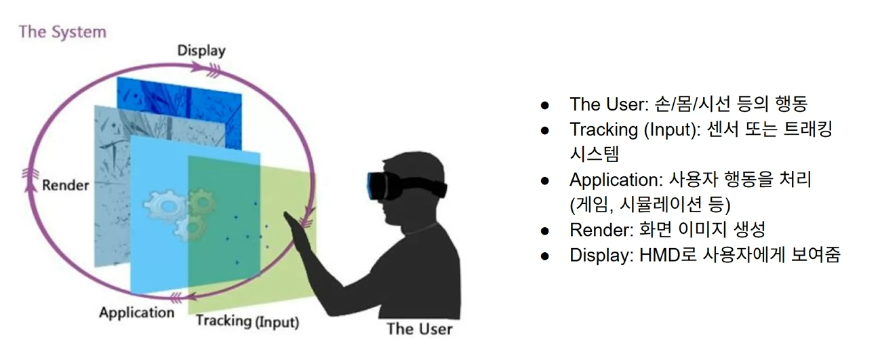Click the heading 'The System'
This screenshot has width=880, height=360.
point(62,31)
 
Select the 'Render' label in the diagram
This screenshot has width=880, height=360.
point(66,185)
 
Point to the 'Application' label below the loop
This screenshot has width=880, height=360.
point(136,313)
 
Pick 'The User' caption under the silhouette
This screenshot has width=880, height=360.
point(418,329)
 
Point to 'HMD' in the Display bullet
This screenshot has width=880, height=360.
point(662,256)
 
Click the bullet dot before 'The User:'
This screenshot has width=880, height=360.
point(544,105)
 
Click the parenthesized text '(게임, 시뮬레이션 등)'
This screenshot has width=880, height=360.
point(650,205)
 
